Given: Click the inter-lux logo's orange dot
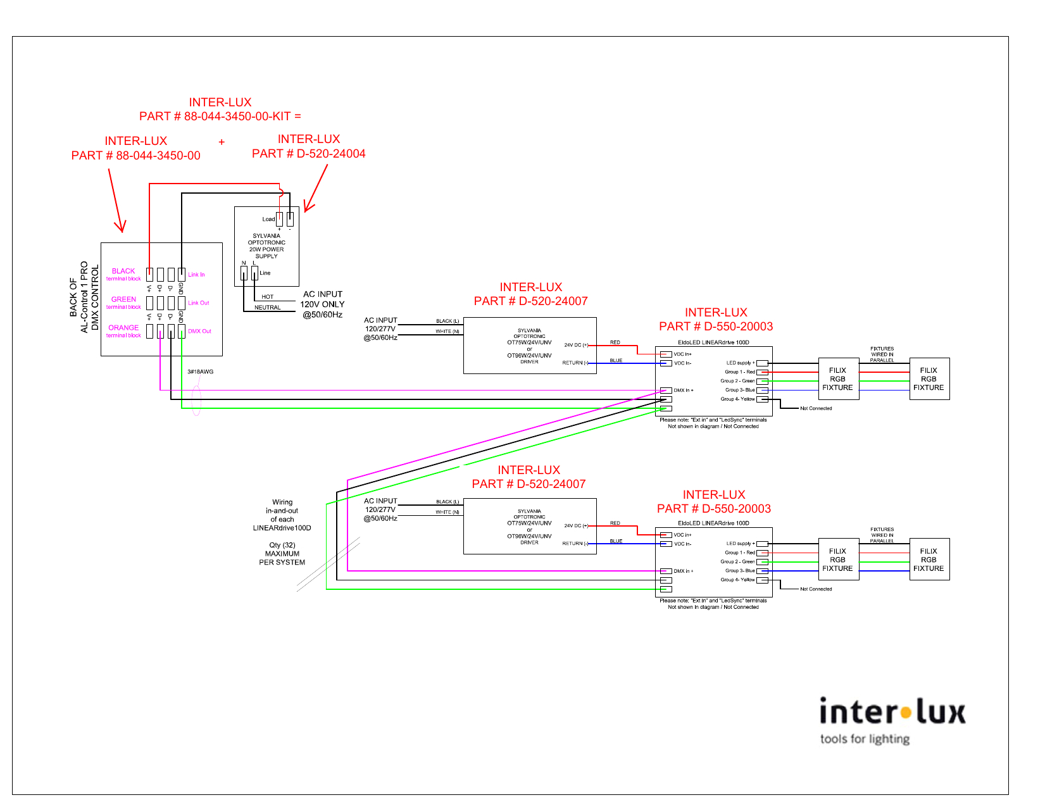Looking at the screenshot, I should tap(906, 713).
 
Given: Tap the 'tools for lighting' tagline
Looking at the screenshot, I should tap(865, 739).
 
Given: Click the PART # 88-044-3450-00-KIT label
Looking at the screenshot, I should tap(220, 116).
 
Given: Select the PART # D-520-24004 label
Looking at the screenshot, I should tap(309, 154).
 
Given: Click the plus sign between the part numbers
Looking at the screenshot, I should tap(222, 142).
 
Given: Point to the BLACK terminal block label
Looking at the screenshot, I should tap(123, 274).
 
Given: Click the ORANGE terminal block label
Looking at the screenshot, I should tap(123, 331).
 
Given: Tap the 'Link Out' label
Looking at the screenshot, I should tap(198, 303).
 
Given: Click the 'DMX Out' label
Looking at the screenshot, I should tap(199, 332).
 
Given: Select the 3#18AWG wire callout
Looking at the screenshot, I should tap(201, 372).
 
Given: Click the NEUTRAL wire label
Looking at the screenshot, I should tap(268, 308).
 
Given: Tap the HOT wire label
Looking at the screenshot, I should tap(268, 297).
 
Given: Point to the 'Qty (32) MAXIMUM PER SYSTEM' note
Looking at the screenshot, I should tap(282, 554).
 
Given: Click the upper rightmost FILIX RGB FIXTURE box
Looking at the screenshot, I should tap(929, 379).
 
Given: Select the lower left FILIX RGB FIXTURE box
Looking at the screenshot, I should tap(837, 560).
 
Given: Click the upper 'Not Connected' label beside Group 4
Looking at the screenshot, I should tap(816, 408).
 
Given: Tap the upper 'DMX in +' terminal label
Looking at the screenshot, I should tap(684, 391).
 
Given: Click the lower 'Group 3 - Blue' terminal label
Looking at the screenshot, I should tap(740, 571).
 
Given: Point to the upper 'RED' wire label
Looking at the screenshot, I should tap(615, 342).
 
